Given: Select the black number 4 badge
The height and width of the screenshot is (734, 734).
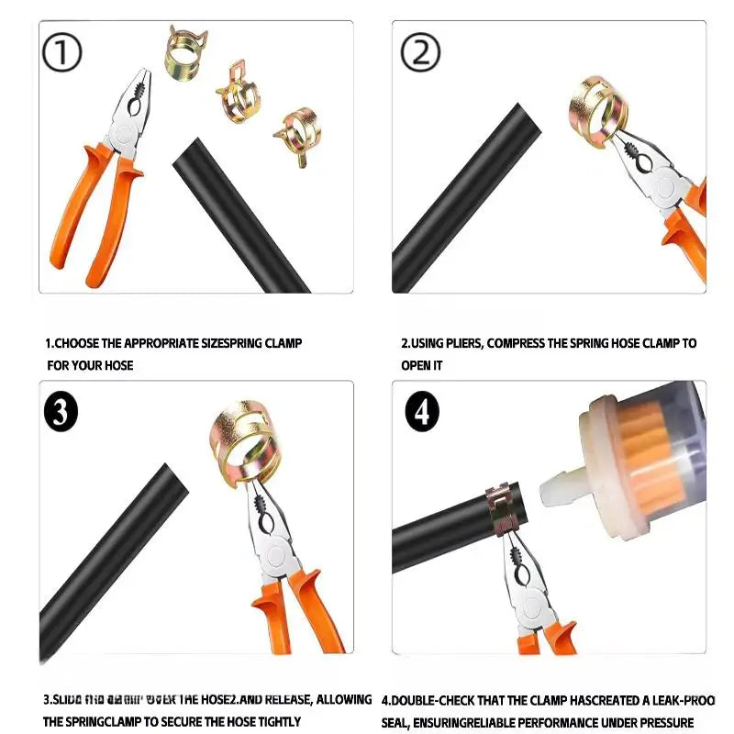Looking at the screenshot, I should pos(422,413).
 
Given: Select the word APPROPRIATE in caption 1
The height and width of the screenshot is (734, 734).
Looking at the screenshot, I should pos(157,344).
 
